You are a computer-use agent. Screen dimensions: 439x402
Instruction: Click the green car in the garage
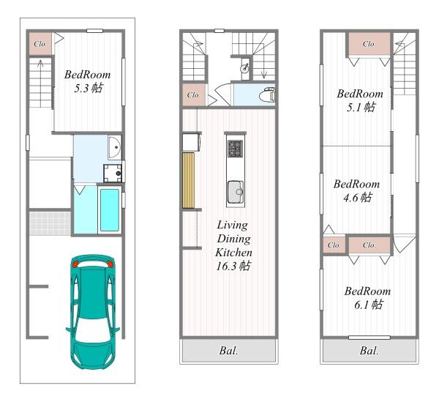pyautogui.click(x=93, y=311)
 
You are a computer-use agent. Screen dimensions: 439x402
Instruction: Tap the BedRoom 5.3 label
pyautogui.click(x=87, y=81)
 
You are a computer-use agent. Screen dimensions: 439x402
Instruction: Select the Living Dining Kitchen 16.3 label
pyautogui.click(x=233, y=245)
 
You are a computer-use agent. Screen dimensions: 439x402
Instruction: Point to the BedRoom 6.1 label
pyautogui.click(x=367, y=297)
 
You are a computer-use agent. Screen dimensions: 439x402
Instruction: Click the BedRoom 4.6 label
pyautogui.click(x=357, y=190)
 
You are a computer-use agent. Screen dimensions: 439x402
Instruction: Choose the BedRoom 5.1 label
pyautogui.click(x=360, y=100)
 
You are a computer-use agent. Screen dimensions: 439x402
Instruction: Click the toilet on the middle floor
pyautogui.click(x=267, y=94)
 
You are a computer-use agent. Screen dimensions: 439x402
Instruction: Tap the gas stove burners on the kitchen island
pyautogui.click(x=235, y=149)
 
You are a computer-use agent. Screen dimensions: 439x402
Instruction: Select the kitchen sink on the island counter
pyautogui.click(x=236, y=192)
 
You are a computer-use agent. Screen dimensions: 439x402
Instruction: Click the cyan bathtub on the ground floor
pyautogui.click(x=110, y=210)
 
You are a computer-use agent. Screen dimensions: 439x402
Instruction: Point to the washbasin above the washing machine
pyautogui.click(x=115, y=147)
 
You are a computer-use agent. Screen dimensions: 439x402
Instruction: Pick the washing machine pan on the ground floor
pyautogui.click(x=113, y=173)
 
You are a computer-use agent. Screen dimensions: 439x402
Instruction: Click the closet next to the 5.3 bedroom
pyautogui.click(x=40, y=44)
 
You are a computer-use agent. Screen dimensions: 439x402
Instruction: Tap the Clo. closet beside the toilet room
pyautogui.click(x=194, y=95)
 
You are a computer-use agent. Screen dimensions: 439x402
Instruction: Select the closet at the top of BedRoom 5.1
pyautogui.click(x=369, y=44)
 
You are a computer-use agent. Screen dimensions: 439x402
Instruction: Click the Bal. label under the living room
pyautogui.click(x=228, y=351)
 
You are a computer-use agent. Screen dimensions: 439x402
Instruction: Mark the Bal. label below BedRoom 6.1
pyautogui.click(x=369, y=351)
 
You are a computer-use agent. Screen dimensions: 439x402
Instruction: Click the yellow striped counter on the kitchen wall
pyautogui.click(x=189, y=180)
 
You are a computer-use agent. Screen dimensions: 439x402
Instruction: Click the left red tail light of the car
pyautogui.click(x=75, y=264)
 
